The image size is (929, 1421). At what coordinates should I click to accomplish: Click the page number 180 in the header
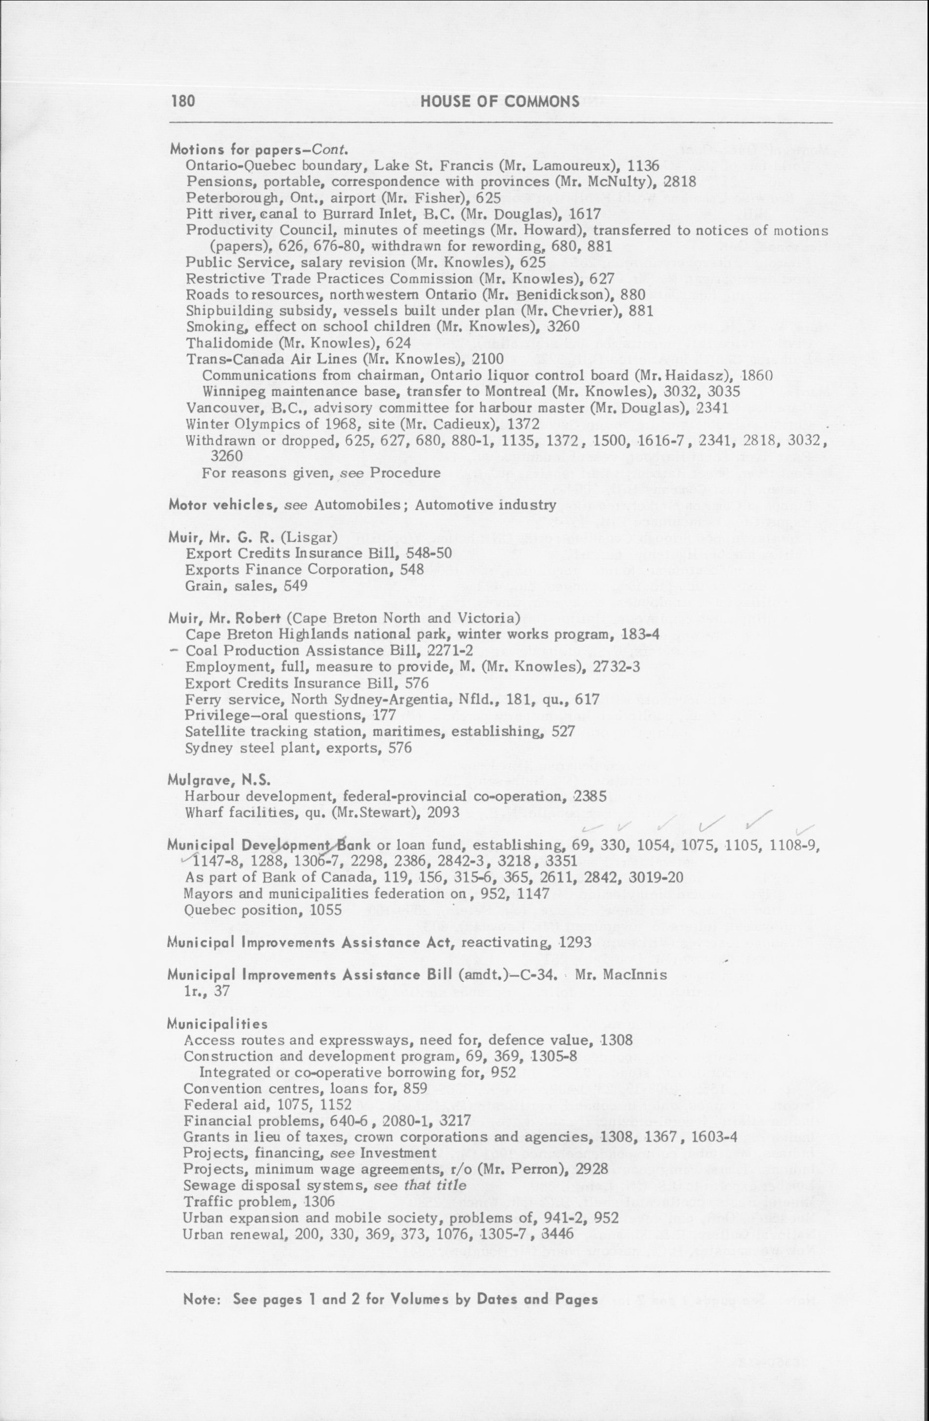click(182, 101)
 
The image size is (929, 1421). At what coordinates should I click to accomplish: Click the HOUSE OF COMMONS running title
click(500, 101)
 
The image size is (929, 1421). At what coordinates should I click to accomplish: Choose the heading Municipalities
click(217, 1024)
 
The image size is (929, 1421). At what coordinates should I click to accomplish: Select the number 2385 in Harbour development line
click(589, 796)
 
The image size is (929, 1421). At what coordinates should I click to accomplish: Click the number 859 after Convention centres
click(416, 1088)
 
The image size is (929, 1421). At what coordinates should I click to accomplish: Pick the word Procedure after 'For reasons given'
click(405, 473)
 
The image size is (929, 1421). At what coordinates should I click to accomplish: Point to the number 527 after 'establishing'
click(563, 731)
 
